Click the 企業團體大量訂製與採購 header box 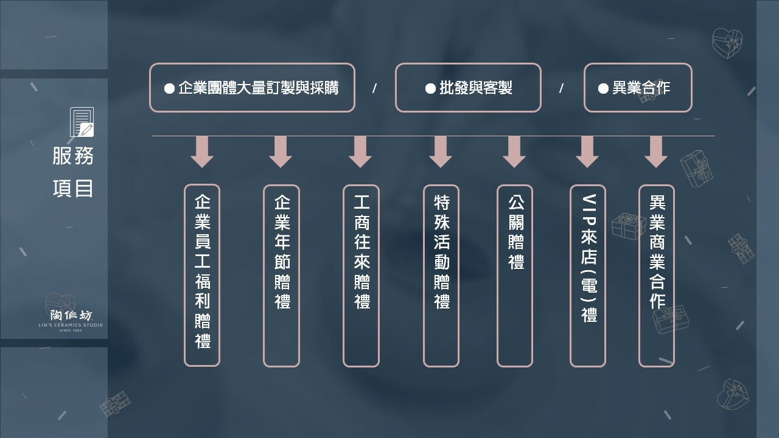(x=252, y=88)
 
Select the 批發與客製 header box (x=468, y=88)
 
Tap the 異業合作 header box (x=638, y=88)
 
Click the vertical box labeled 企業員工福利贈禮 (x=202, y=276)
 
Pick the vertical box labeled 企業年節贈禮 (x=281, y=276)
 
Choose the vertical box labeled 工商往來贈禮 (x=361, y=276)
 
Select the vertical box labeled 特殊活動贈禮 (x=441, y=276)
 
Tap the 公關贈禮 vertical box (x=515, y=276)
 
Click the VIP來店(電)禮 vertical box (x=588, y=276)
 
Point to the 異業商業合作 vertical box (x=657, y=276)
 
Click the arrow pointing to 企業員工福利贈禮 (x=202, y=152)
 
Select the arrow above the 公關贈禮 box (x=514, y=152)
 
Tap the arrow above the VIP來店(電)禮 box (x=587, y=152)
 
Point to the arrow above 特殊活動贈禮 (x=441, y=152)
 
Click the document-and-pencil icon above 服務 (x=82, y=122)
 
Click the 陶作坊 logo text (x=71, y=316)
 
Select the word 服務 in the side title (x=73, y=156)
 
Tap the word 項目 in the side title (x=73, y=188)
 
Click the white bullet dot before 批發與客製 (x=430, y=88)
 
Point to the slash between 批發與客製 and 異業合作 (x=561, y=88)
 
